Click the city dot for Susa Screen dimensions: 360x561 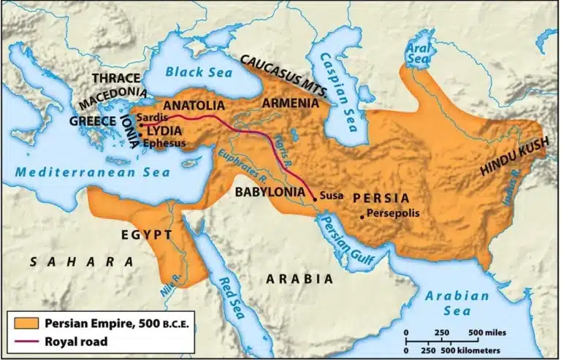pyautogui.click(x=315, y=197)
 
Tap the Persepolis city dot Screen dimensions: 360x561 pyautogui.click(x=362, y=216)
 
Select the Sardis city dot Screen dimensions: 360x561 pyautogui.click(x=131, y=125)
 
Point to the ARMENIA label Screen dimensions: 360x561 pyautogui.click(x=290, y=103)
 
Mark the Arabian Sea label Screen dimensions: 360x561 pyautogui.click(x=458, y=303)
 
